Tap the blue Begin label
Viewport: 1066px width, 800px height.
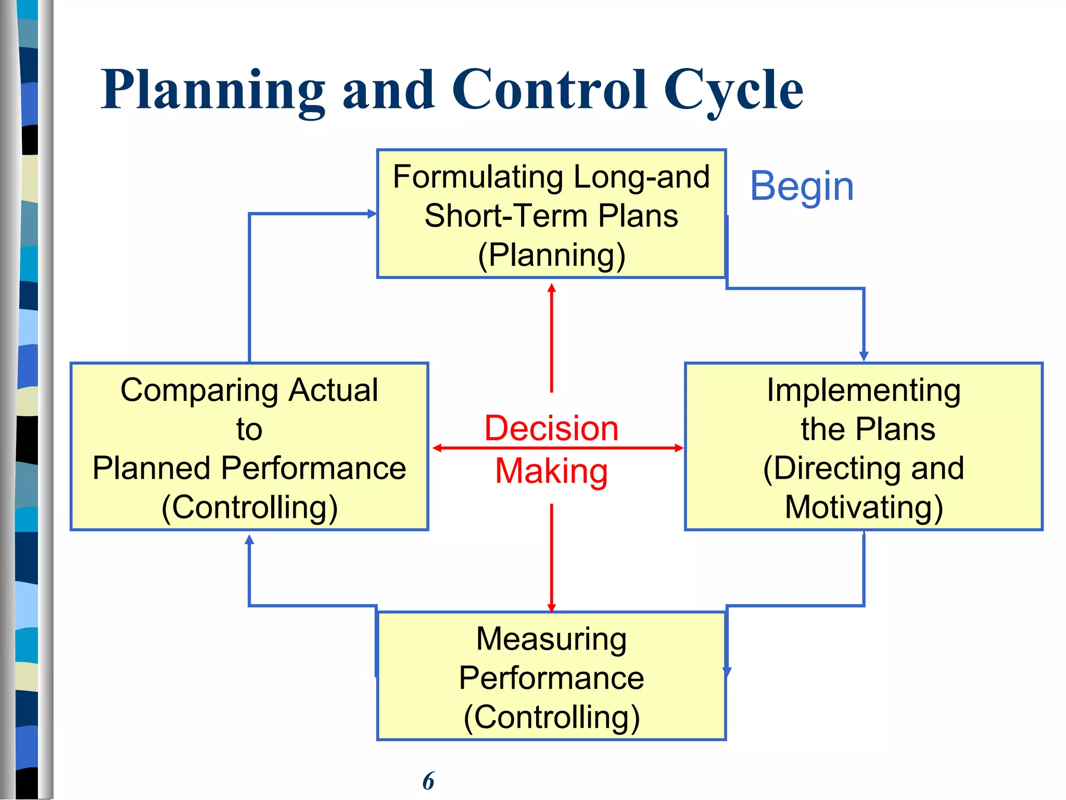[x=802, y=186]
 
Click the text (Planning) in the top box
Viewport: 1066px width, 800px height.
[x=551, y=255]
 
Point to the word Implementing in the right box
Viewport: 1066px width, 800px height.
[x=864, y=390]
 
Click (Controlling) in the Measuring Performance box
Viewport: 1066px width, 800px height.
[x=551, y=717]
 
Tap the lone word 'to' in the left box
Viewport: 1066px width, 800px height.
[x=249, y=429]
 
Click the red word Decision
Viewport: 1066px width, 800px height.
[x=551, y=428]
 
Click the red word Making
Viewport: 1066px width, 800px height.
[x=551, y=471]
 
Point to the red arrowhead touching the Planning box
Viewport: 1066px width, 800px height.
[x=552, y=287]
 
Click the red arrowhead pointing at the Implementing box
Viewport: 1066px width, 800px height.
[x=679, y=448]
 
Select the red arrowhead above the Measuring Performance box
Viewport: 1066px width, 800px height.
[x=552, y=608]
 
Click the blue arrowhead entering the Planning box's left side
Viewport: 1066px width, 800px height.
[x=372, y=214]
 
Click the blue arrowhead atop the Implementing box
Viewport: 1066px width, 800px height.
[x=864, y=356]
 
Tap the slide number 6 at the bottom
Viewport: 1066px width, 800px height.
[x=428, y=781]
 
